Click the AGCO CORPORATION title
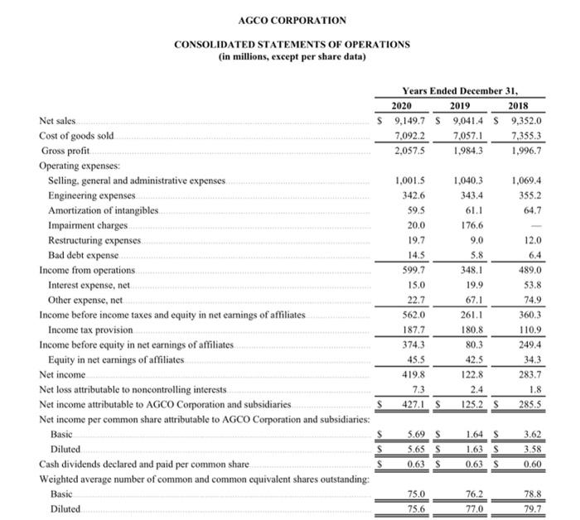pos(292,20)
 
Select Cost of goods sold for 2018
pos(526,136)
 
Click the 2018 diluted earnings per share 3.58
pos(532,449)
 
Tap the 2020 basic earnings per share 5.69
pos(414,434)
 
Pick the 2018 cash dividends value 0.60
pos(532,464)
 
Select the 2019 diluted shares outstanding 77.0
pos(472,508)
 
